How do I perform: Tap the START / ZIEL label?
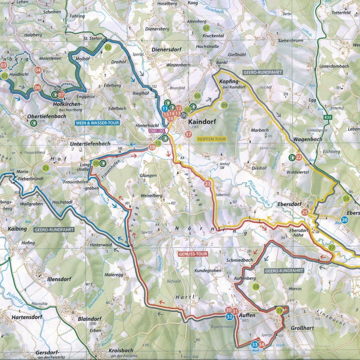point(156,130)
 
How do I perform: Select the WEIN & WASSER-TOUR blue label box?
point(97,123)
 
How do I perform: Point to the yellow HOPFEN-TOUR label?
point(211,139)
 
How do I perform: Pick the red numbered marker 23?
point(207,184)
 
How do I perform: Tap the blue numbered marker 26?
point(344,220)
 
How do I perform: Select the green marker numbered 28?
point(256,287)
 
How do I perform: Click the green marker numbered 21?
point(46,168)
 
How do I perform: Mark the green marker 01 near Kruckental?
point(207,28)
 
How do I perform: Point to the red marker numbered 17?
point(189,134)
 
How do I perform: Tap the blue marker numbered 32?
point(229,316)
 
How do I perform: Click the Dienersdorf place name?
point(165,49)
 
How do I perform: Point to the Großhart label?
point(302,328)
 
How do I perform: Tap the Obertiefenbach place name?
point(47,116)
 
